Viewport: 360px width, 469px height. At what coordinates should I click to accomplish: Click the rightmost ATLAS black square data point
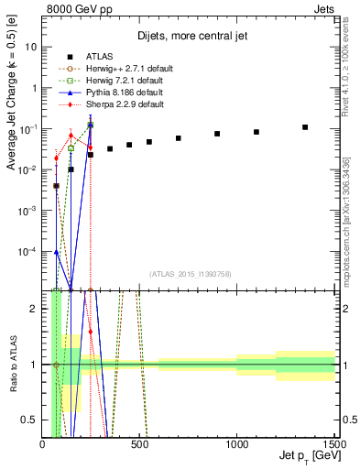[305, 127]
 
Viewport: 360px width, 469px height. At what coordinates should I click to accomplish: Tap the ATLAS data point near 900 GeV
[217, 134]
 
